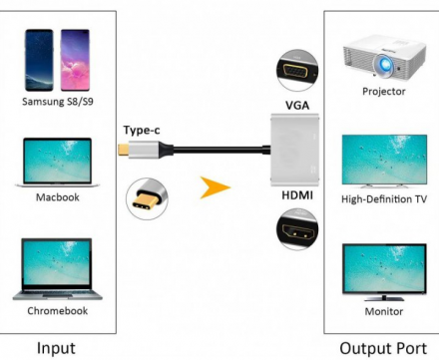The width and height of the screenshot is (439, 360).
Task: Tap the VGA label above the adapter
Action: (297, 105)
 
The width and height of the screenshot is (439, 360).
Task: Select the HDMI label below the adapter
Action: (297, 194)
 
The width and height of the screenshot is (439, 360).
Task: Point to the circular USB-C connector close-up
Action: (146, 196)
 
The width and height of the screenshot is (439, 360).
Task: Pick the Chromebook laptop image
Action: (57, 269)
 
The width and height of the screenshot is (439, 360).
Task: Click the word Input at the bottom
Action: (56, 348)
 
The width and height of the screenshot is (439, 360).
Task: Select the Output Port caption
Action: (384, 348)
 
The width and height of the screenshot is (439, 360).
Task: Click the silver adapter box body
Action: (296, 150)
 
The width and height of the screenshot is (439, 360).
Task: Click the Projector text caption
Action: (384, 92)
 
